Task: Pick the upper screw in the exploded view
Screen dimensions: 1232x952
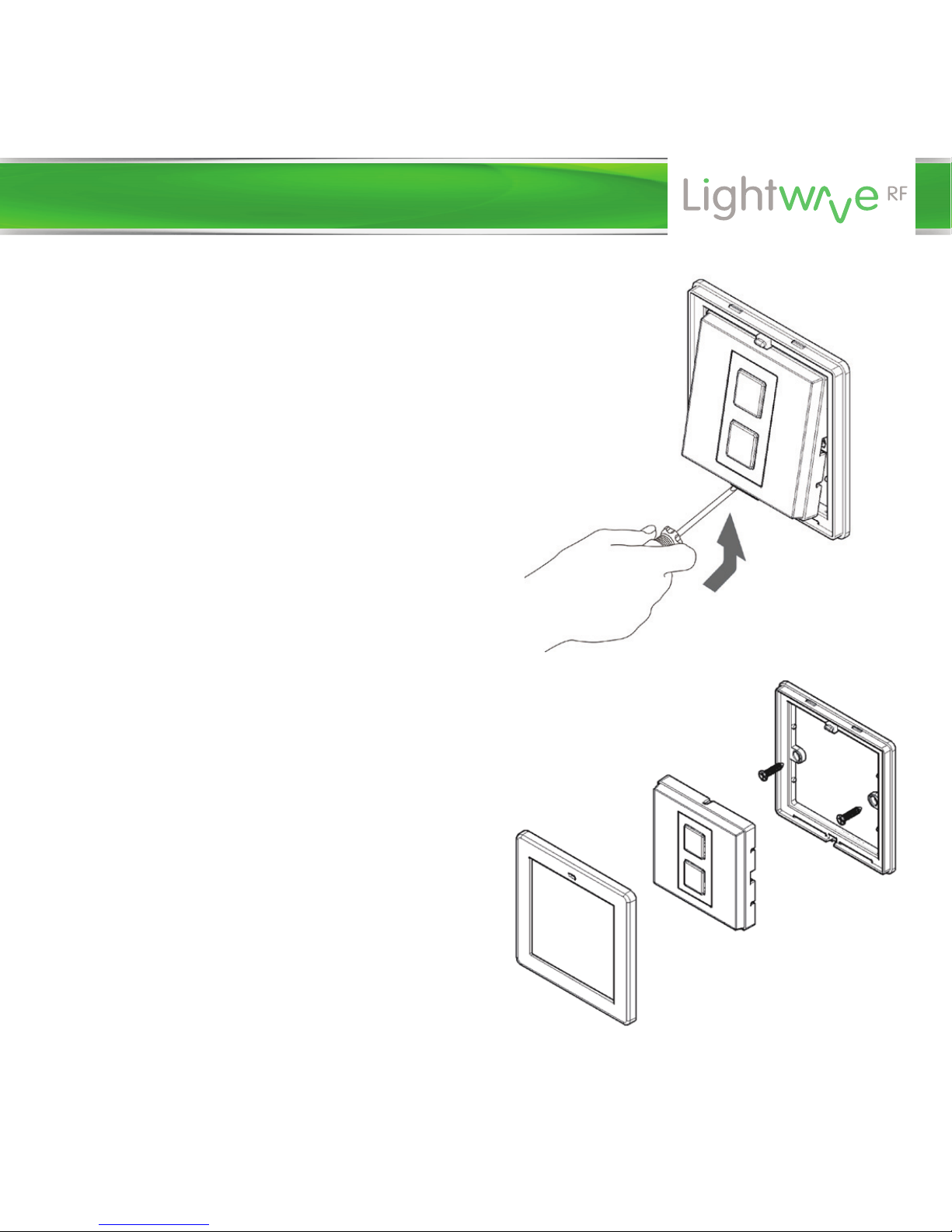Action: pos(768,773)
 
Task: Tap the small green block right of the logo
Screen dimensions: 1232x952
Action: pos(933,196)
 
